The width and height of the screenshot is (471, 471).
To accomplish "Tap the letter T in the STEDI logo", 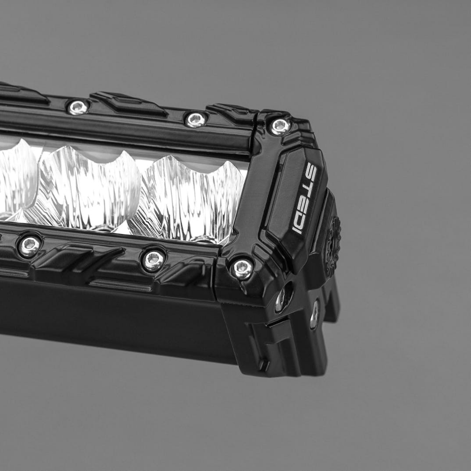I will coord(307,185).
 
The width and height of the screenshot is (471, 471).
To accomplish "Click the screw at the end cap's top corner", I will coord(280,126).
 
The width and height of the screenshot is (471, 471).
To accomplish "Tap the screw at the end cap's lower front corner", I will coord(242,268).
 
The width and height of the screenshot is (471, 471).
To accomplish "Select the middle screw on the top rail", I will coord(195,119).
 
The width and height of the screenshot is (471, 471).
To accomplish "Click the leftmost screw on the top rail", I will coord(78,107).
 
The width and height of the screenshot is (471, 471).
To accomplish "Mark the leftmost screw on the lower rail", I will coord(29,246).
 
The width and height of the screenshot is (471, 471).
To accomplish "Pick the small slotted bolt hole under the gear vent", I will coord(314,314).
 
